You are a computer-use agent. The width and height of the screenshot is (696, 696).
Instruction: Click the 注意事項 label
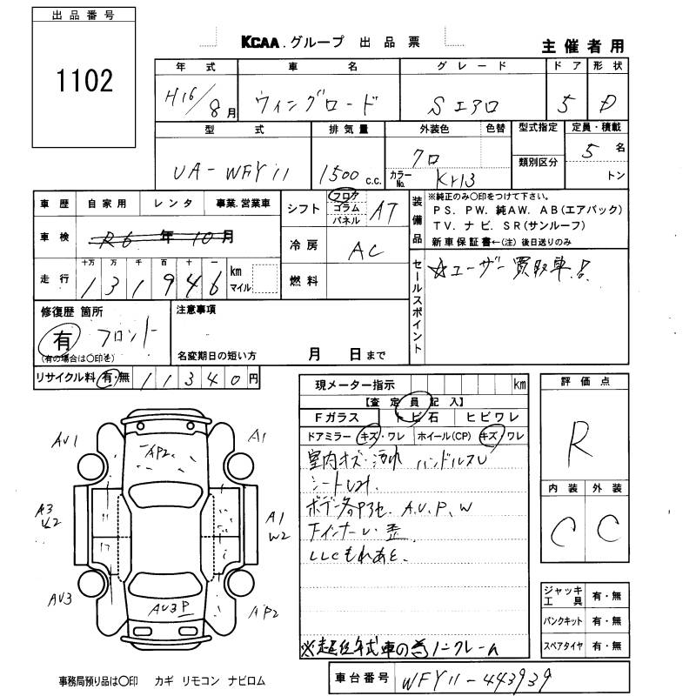click(x=196, y=310)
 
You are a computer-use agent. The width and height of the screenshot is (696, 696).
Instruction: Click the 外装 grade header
click(x=608, y=489)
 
